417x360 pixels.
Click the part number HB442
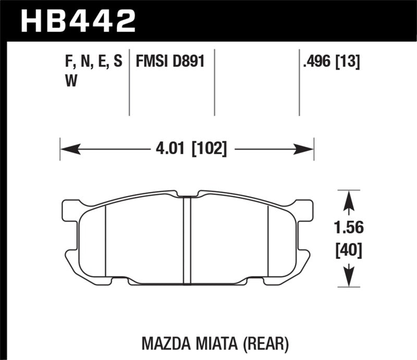[x=78, y=21]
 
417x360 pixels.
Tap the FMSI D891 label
[x=169, y=63]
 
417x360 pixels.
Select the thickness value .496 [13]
[x=332, y=63]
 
